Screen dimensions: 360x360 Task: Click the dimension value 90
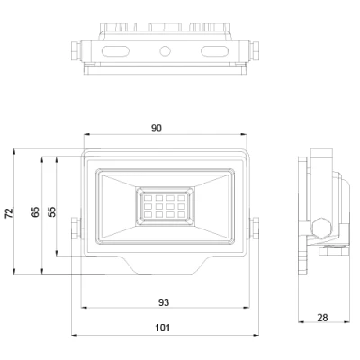[x=157, y=129]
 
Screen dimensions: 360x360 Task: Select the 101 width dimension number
[x=164, y=328]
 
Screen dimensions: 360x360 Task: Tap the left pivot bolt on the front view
[x=76, y=231]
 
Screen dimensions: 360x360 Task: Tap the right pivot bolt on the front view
[x=255, y=231]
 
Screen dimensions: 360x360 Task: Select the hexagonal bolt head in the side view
[x=321, y=224]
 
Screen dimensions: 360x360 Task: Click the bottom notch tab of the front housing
[x=165, y=268]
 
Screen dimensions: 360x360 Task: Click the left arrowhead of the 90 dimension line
[x=84, y=138]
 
